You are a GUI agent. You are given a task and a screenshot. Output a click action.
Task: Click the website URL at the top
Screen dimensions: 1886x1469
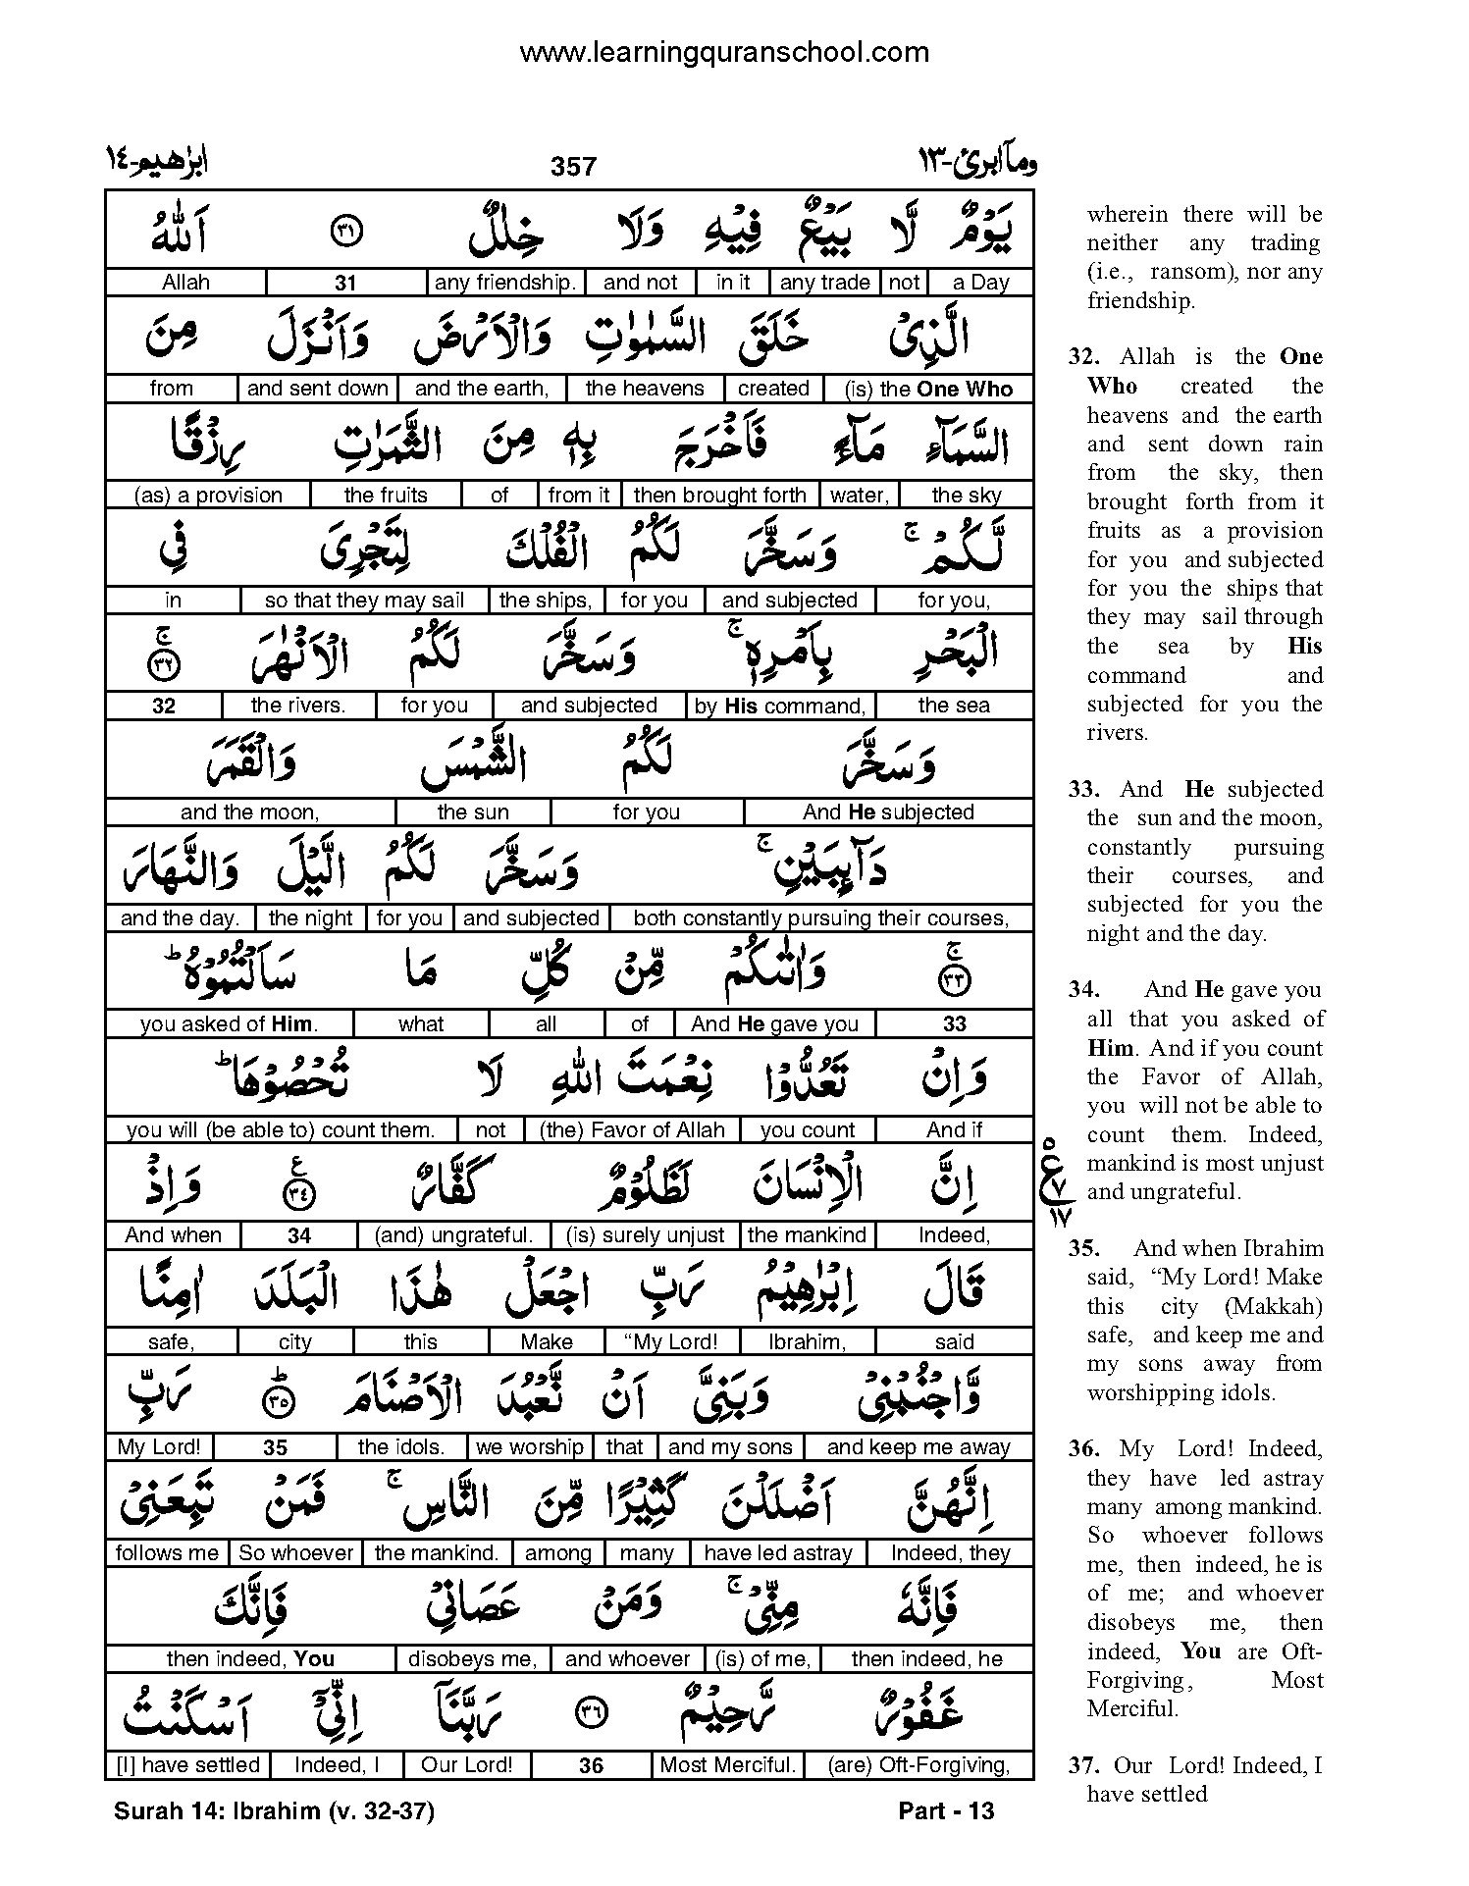723,52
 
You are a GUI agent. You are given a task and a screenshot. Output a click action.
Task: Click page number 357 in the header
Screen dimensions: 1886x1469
573,167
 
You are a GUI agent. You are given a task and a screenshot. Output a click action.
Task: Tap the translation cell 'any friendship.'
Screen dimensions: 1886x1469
505,283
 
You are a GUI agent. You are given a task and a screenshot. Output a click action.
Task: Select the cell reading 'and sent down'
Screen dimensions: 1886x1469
318,389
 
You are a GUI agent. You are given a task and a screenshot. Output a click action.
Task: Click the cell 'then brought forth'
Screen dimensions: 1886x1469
719,496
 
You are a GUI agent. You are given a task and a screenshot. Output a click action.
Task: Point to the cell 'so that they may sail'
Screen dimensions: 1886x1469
364,601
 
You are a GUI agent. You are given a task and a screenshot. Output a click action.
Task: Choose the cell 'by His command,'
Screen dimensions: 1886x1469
780,706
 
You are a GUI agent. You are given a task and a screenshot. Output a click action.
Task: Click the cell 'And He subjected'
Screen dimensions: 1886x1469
887,812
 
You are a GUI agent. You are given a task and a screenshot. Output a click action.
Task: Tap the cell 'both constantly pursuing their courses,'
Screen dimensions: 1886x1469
820,918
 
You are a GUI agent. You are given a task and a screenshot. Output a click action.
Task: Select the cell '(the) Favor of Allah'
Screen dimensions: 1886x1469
632,1129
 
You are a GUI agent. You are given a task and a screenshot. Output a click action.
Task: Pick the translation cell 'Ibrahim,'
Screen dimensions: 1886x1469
807,1341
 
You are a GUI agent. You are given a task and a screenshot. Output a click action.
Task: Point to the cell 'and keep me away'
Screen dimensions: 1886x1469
918,1447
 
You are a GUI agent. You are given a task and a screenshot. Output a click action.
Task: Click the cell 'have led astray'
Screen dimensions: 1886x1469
779,1553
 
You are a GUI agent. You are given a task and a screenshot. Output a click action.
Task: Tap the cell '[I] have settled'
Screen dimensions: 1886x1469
187,1765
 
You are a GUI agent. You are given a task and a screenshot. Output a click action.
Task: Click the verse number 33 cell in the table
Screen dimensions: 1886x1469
954,1024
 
